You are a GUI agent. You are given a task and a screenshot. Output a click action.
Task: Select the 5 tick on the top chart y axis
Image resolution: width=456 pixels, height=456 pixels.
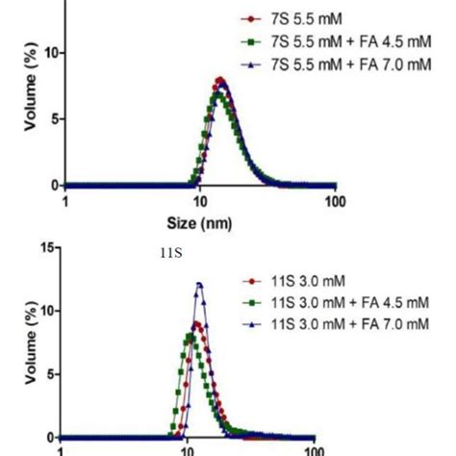pyautogui.click(x=50, y=118)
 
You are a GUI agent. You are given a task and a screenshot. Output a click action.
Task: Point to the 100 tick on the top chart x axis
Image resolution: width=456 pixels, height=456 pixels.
pyautogui.click(x=335, y=201)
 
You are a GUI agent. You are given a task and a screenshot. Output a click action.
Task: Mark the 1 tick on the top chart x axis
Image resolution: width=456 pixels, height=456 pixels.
pyautogui.click(x=64, y=201)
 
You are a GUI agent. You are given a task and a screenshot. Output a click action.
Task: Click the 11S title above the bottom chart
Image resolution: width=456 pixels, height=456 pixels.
pyautogui.click(x=172, y=255)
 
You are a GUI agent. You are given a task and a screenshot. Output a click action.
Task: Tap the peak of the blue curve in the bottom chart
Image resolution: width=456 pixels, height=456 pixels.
pyautogui.click(x=199, y=284)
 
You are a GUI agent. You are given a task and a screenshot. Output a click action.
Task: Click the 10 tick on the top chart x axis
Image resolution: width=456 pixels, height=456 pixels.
pyautogui.click(x=198, y=201)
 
